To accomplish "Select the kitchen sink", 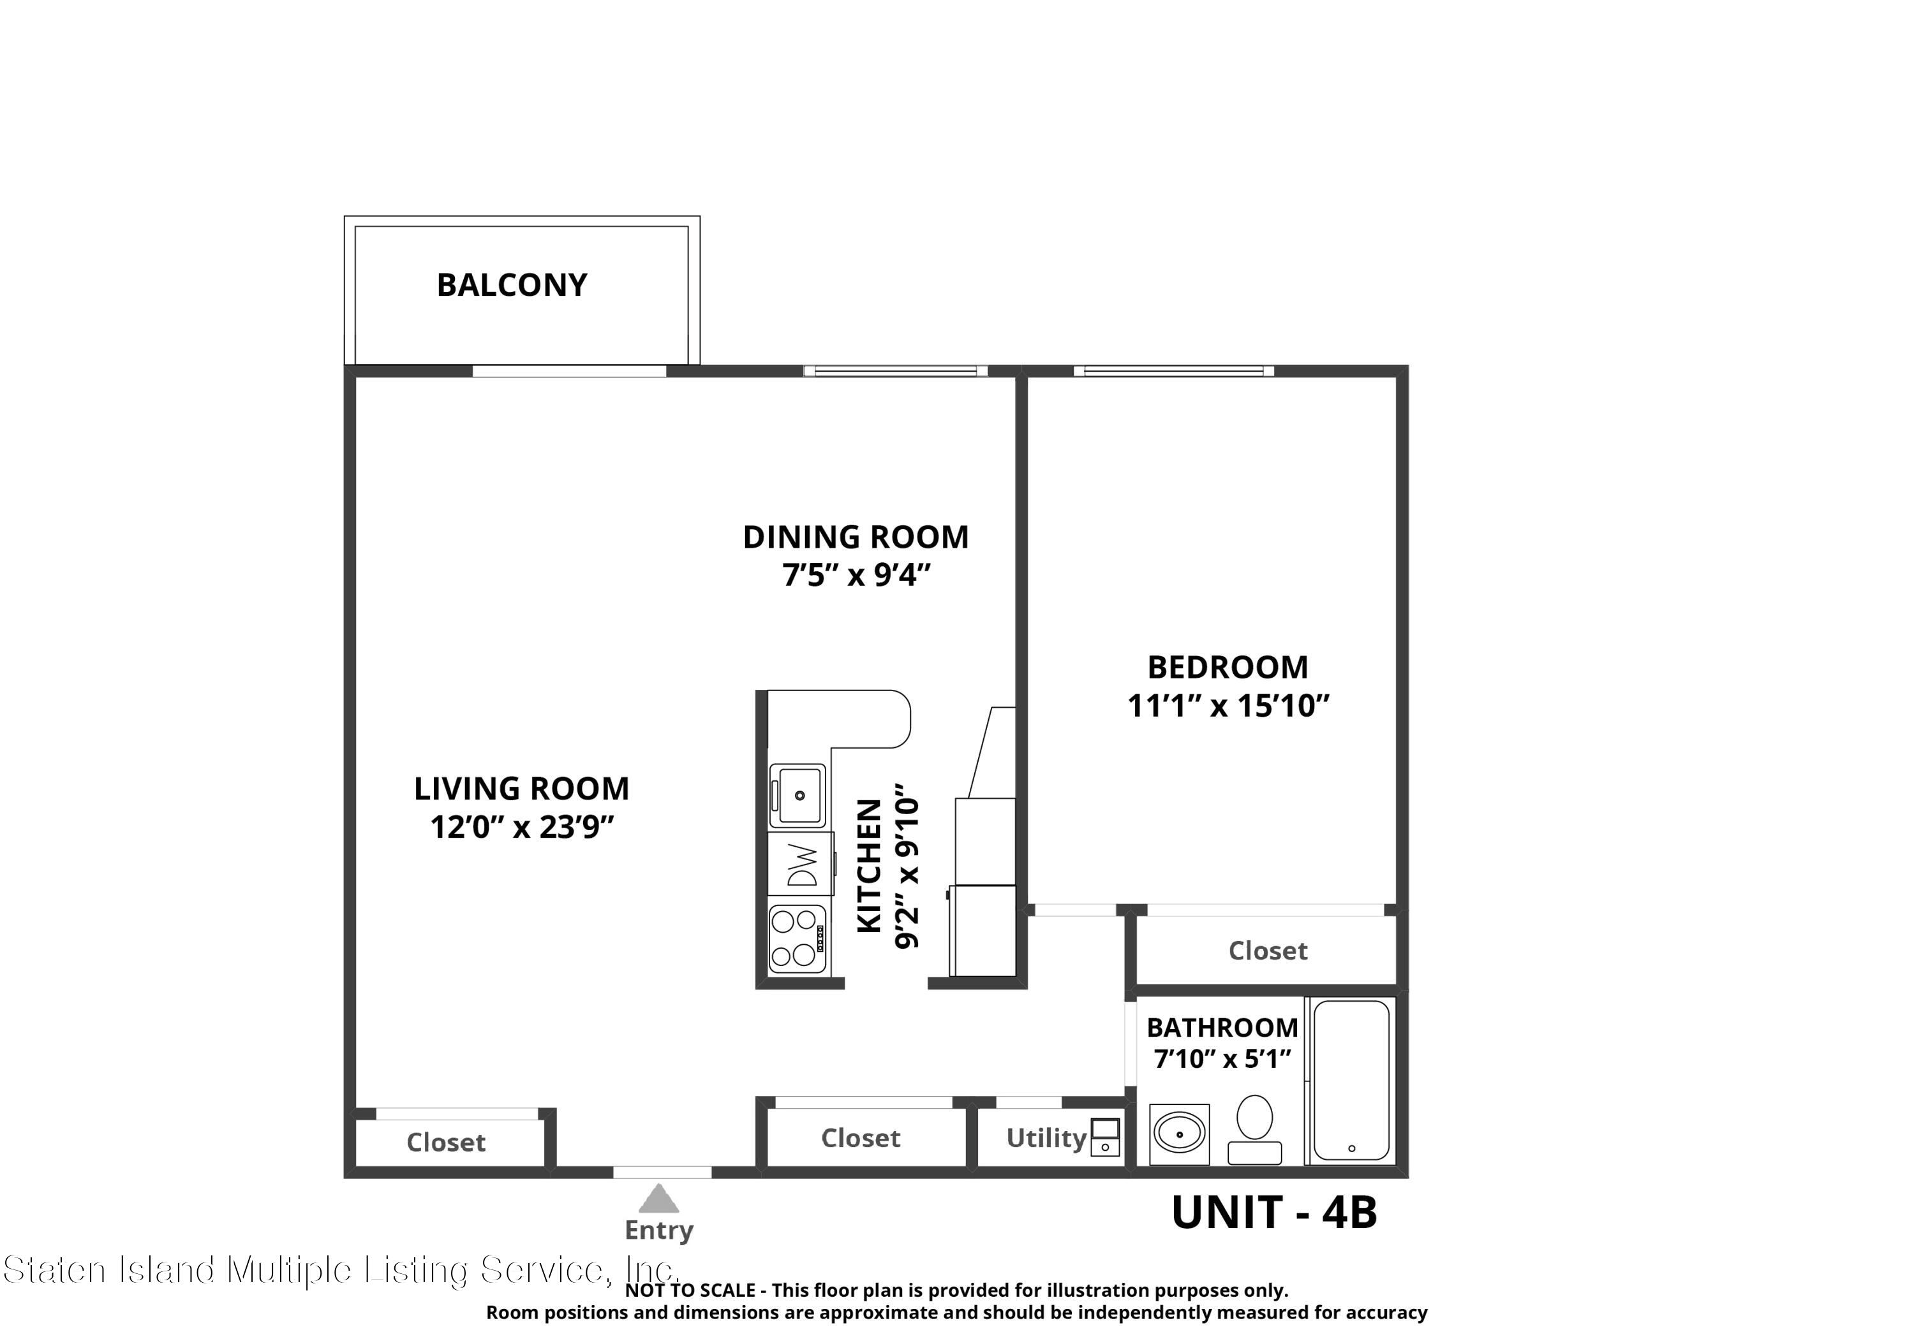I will point(797,796).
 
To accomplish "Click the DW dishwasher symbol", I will point(800,865).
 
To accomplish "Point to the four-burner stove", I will point(797,939).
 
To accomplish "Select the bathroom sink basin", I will point(1179,1134).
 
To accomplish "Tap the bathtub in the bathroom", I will point(1351,1081).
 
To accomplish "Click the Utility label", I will point(1046,1137).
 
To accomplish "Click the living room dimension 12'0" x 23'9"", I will point(522,828).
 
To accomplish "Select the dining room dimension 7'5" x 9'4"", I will point(856,575).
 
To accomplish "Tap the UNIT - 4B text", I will point(1274,1213).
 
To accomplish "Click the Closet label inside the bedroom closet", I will point(1267,951).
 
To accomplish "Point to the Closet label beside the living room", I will point(445,1142).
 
